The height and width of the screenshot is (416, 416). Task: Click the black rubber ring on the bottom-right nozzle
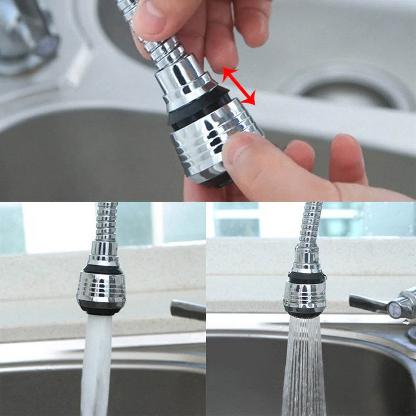[305, 276]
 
